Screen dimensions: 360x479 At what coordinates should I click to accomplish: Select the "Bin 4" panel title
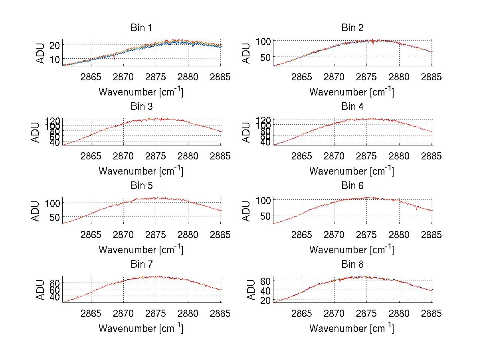[352, 107]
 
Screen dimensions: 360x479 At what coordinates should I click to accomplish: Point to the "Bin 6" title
[352, 186]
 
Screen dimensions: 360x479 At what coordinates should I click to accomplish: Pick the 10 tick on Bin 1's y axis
[55, 59]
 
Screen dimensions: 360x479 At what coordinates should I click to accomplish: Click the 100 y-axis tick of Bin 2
[263, 41]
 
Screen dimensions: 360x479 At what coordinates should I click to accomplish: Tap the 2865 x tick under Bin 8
[302, 314]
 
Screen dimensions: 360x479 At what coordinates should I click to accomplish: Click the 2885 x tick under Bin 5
[221, 235]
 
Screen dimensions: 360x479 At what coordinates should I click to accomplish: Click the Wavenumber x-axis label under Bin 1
[141, 92]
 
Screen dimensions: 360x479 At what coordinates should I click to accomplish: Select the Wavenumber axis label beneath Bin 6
[352, 250]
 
